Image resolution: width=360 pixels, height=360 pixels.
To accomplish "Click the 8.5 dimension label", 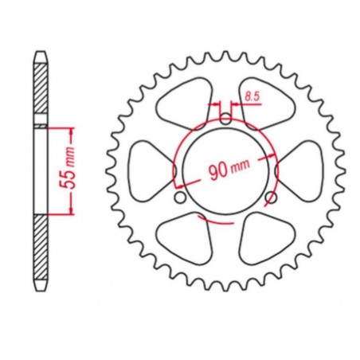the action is [252, 96].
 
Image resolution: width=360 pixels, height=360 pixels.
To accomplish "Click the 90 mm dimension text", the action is [229, 169].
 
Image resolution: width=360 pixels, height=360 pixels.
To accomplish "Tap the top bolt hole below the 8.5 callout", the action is [225, 119].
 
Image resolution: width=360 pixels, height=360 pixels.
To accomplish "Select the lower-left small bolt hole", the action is [181, 198].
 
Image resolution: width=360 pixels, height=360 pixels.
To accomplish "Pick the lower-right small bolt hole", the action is [271, 198].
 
